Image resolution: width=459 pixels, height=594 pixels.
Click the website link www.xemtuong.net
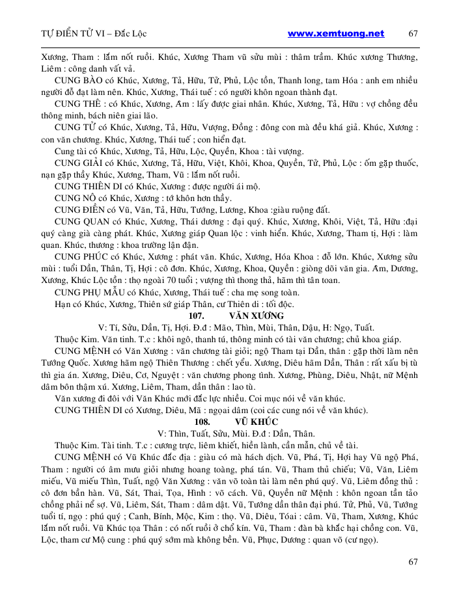pos(336,33)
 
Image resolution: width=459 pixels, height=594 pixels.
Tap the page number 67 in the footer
pos(413,561)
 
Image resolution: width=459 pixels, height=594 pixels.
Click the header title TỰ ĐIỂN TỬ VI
pos(72,34)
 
